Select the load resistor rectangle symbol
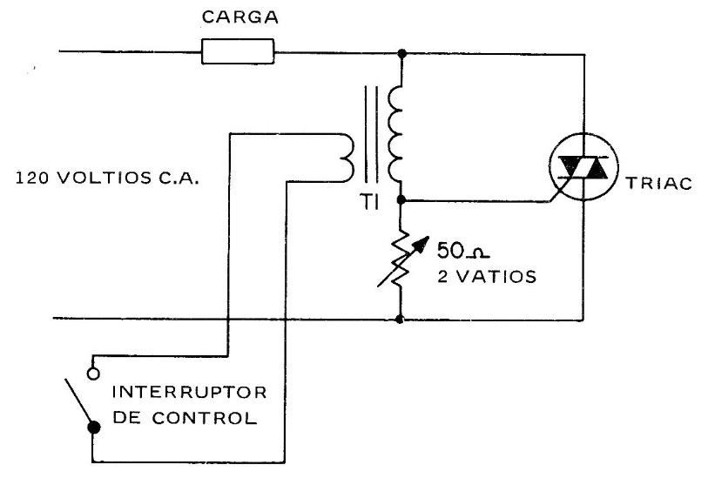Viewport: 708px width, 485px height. pyautogui.click(x=239, y=52)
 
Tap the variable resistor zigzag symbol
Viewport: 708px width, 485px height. pyautogui.click(x=400, y=259)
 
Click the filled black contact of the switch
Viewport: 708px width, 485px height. pyautogui.click(x=94, y=427)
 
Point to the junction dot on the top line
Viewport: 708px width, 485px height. pyautogui.click(x=400, y=53)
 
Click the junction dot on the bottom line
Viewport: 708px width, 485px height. pyautogui.click(x=400, y=320)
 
